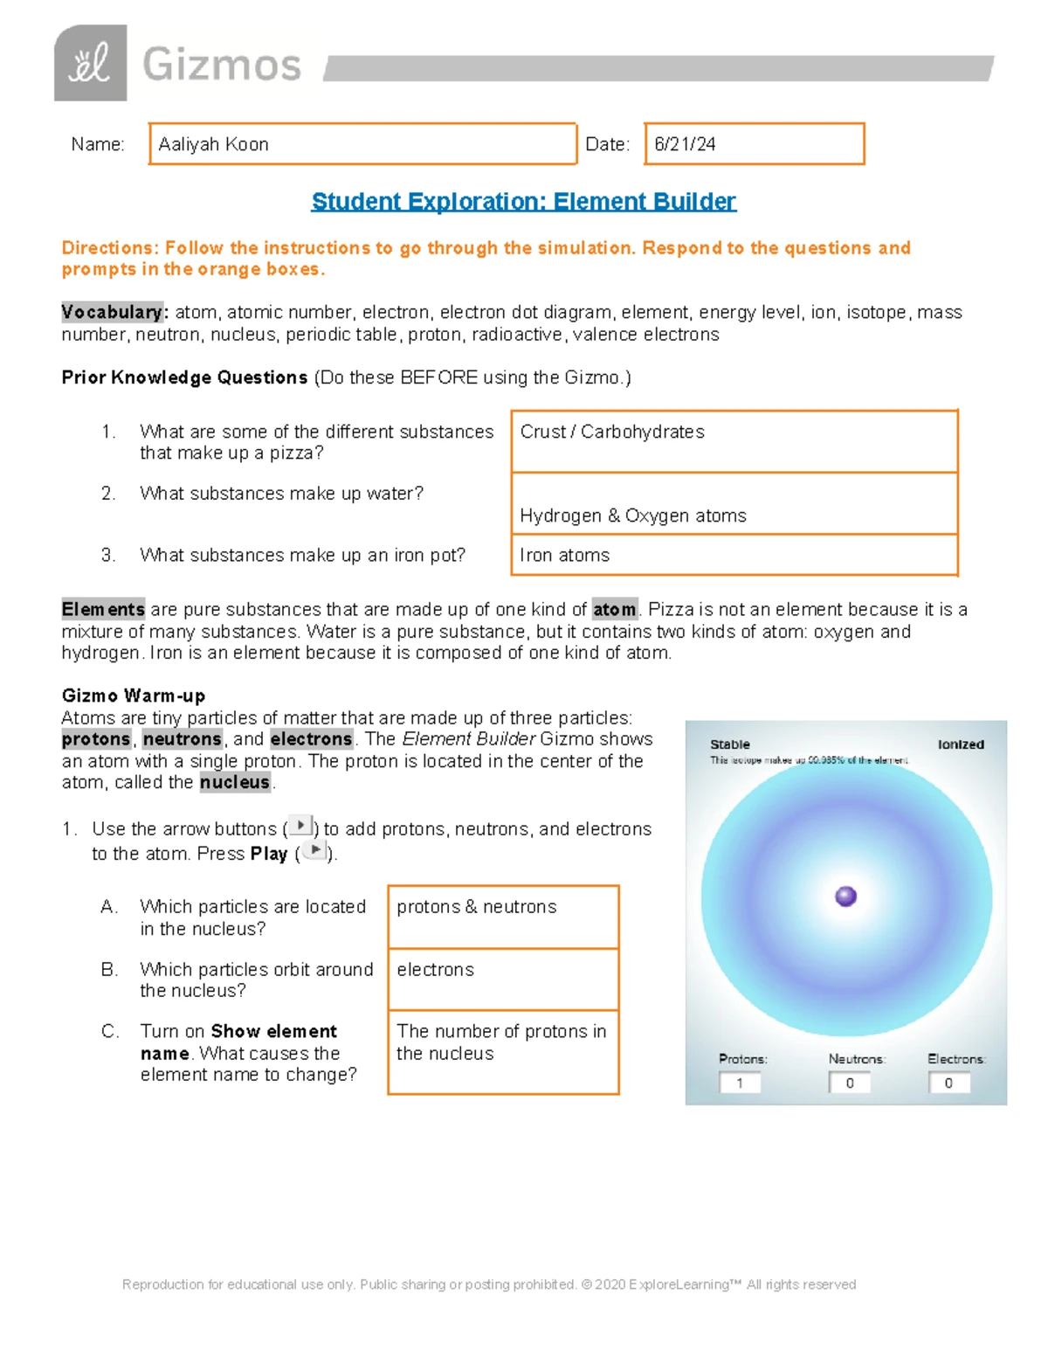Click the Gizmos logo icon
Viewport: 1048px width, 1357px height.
(90, 63)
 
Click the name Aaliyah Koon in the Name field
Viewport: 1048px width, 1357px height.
(214, 144)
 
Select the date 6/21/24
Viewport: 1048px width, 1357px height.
(685, 144)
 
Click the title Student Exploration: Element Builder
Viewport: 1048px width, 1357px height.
(523, 202)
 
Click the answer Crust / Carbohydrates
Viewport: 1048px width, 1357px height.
(612, 432)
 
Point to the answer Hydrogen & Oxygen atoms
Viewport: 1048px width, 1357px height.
(633, 516)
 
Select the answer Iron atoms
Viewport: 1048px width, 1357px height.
(565, 555)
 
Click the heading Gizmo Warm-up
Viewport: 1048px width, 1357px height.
(133, 696)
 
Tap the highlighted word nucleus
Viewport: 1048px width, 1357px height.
(234, 782)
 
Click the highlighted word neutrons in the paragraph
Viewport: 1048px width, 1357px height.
(182, 739)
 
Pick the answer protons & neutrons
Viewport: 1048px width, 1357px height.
(476, 907)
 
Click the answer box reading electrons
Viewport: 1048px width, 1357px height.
(435, 970)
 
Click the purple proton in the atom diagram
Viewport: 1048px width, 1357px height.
(845, 897)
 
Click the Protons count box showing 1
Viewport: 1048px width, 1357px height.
(740, 1083)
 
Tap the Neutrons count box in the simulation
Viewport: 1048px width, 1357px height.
(850, 1083)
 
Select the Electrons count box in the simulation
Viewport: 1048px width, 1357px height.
(948, 1083)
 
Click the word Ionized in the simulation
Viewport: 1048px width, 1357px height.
(961, 744)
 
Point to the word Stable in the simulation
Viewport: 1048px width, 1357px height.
(729, 744)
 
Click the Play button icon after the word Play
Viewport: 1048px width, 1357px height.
(314, 850)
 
